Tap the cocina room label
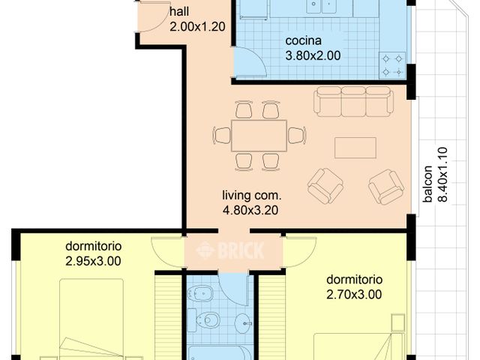click(x=303, y=40)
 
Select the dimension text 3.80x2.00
click(x=313, y=55)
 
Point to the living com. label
click(x=251, y=196)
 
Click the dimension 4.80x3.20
click(x=250, y=211)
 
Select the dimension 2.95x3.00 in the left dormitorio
click(x=93, y=261)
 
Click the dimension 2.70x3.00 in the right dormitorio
click(x=354, y=295)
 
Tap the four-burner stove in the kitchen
click(x=393, y=64)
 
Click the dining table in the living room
click(x=259, y=136)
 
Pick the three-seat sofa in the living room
click(x=353, y=101)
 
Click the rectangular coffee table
click(x=355, y=148)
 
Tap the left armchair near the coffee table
click(x=325, y=185)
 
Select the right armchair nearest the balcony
click(x=385, y=186)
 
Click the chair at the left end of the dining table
click(x=222, y=136)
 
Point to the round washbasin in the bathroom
click(x=243, y=324)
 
